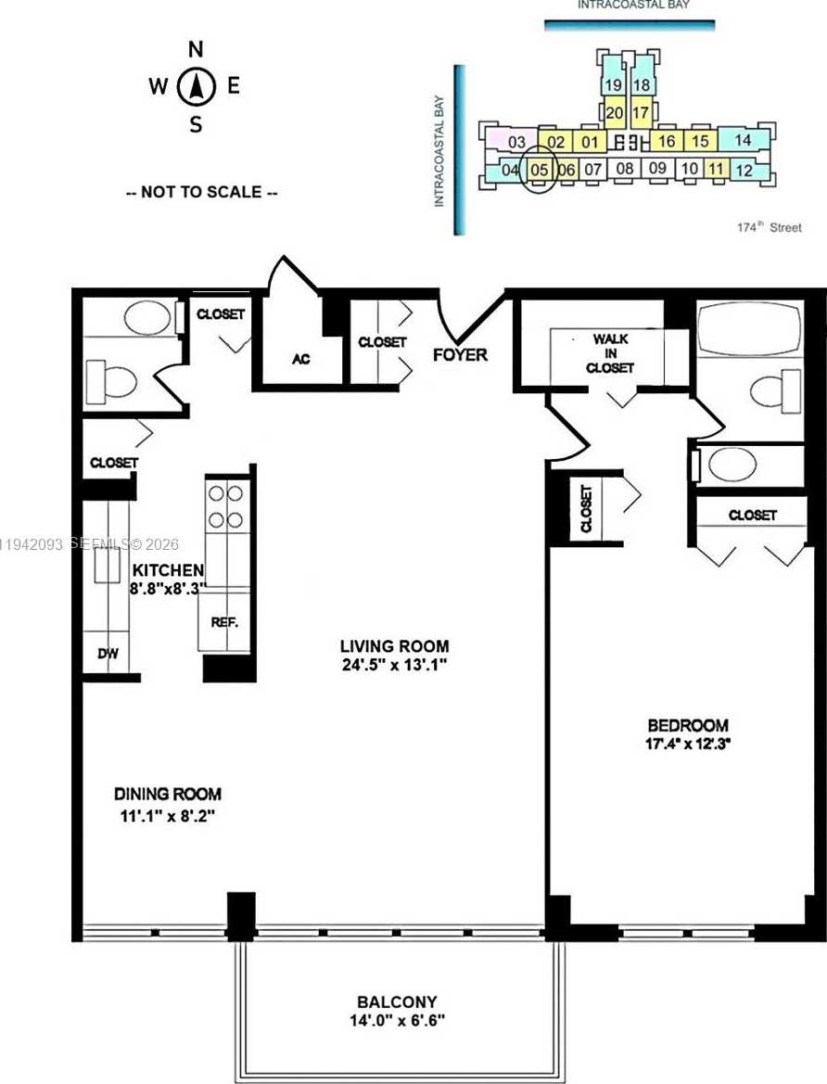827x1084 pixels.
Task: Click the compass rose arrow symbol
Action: coord(197,88)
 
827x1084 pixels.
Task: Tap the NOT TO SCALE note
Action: coord(201,193)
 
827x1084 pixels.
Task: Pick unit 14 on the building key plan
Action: coord(742,140)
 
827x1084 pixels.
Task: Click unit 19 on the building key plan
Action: coord(613,85)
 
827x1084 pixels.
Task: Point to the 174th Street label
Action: coord(769,227)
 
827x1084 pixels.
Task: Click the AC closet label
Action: coord(300,359)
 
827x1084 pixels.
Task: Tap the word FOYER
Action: coord(460,354)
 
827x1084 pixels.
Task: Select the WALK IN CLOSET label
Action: coord(610,353)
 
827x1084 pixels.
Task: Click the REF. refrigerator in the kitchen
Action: coord(224,623)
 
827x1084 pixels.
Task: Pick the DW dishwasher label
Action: coord(108,654)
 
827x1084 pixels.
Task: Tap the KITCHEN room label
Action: coord(167,569)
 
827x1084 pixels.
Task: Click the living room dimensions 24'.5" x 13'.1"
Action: coord(394,664)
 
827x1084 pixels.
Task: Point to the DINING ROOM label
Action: coord(168,794)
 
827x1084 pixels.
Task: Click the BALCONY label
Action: coord(397,1002)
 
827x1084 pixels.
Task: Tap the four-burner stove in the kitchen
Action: coord(225,506)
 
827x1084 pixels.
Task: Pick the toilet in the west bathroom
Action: coord(111,380)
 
